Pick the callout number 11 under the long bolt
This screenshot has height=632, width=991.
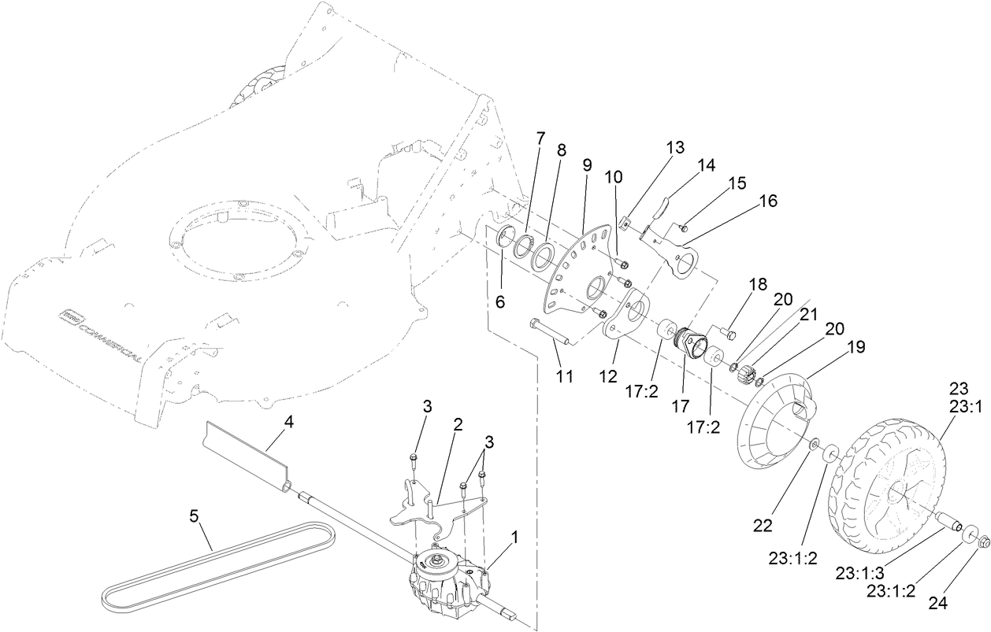pos(563,377)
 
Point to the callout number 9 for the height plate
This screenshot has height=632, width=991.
pos(587,165)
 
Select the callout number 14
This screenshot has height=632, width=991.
pos(706,166)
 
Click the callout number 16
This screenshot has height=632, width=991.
pos(767,201)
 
